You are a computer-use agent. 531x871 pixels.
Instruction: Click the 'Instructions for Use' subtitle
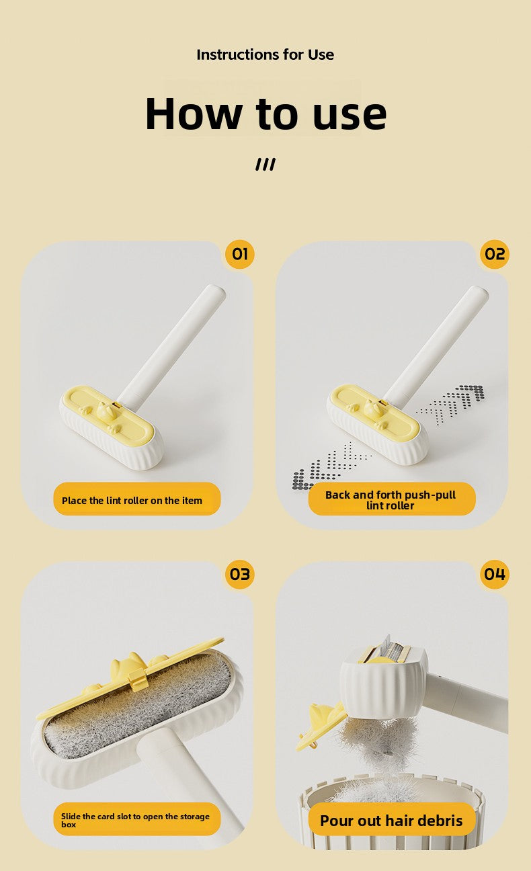pyautogui.click(x=265, y=55)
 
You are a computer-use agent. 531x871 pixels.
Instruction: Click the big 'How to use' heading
pyautogui.click(x=265, y=113)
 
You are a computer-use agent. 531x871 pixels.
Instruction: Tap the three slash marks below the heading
pyautogui.click(x=265, y=165)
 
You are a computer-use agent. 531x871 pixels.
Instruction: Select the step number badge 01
pyautogui.click(x=240, y=254)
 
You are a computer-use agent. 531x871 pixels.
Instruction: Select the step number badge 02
pyautogui.click(x=494, y=254)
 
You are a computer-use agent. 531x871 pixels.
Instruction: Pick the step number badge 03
pyautogui.click(x=240, y=575)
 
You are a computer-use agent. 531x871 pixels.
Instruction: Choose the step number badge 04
pyautogui.click(x=494, y=575)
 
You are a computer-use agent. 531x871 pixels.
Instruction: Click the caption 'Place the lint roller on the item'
pyautogui.click(x=137, y=500)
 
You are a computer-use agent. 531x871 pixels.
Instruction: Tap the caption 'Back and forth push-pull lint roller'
pyautogui.click(x=391, y=499)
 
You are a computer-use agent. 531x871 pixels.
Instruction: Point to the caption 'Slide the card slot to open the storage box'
pyautogui.click(x=137, y=819)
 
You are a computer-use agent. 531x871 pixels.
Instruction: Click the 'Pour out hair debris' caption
pyautogui.click(x=391, y=820)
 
